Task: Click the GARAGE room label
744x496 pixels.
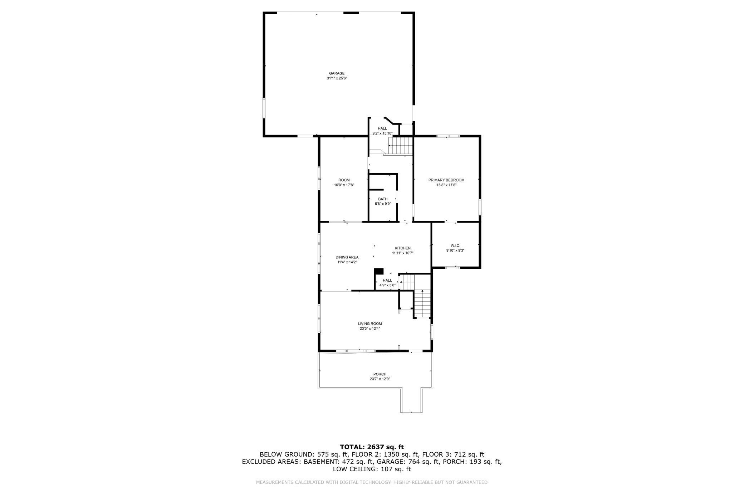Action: pyautogui.click(x=337, y=73)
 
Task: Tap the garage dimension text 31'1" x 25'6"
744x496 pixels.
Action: pyautogui.click(x=337, y=78)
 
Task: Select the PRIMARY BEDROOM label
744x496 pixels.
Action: pyautogui.click(x=446, y=180)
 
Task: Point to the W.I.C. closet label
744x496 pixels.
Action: pyautogui.click(x=455, y=245)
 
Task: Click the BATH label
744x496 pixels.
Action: pyautogui.click(x=382, y=199)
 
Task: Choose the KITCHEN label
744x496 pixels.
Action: pyautogui.click(x=402, y=248)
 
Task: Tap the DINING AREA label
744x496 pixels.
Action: pyautogui.click(x=347, y=257)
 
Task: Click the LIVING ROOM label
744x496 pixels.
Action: pyautogui.click(x=369, y=324)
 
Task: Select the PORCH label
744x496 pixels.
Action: pyautogui.click(x=380, y=374)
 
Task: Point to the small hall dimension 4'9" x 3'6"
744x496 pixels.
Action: pyautogui.click(x=387, y=285)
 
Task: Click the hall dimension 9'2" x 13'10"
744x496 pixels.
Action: pyautogui.click(x=382, y=133)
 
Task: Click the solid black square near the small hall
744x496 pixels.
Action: pyautogui.click(x=379, y=272)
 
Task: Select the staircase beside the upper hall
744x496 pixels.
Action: pyautogui.click(x=401, y=146)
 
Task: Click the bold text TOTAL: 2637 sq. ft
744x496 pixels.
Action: pyautogui.click(x=372, y=447)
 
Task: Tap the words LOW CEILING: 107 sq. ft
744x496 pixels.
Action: pyautogui.click(x=372, y=469)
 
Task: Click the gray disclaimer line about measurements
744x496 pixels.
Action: pyautogui.click(x=372, y=482)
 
